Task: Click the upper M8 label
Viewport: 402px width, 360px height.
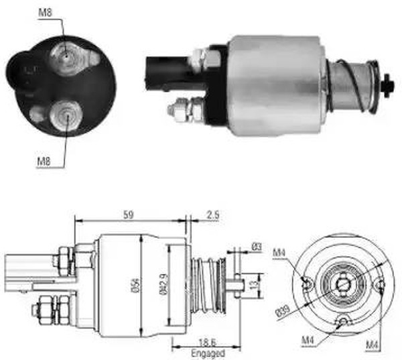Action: tap(45, 13)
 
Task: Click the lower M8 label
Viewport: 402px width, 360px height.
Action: tap(44, 162)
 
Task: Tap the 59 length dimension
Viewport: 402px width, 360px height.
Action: tap(129, 215)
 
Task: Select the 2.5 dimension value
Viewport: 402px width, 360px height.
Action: tap(213, 215)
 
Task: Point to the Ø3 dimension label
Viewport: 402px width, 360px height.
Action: tap(257, 247)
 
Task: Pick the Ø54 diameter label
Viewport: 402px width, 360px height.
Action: tap(137, 285)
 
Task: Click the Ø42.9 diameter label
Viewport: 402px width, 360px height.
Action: tap(164, 284)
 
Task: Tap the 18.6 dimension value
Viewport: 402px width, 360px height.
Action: tap(208, 342)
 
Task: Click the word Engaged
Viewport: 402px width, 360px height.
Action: tap(208, 353)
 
